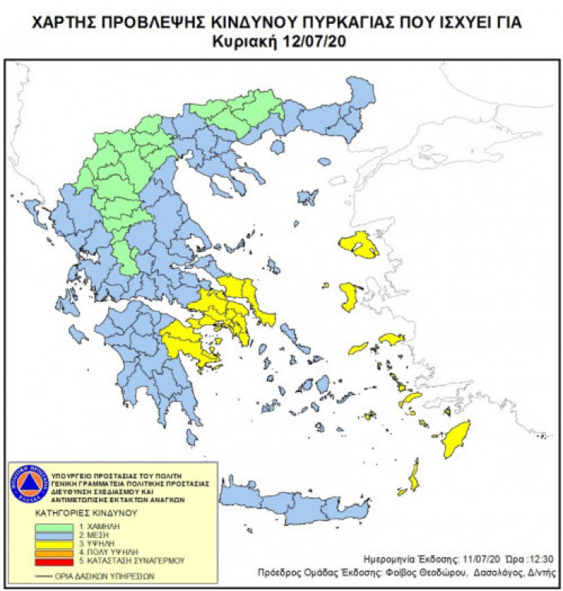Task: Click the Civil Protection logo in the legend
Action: click(28, 483)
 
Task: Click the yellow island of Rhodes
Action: click(457, 443)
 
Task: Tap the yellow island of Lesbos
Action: click(358, 245)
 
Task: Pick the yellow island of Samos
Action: click(391, 339)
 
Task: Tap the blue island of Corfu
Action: click(32, 209)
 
